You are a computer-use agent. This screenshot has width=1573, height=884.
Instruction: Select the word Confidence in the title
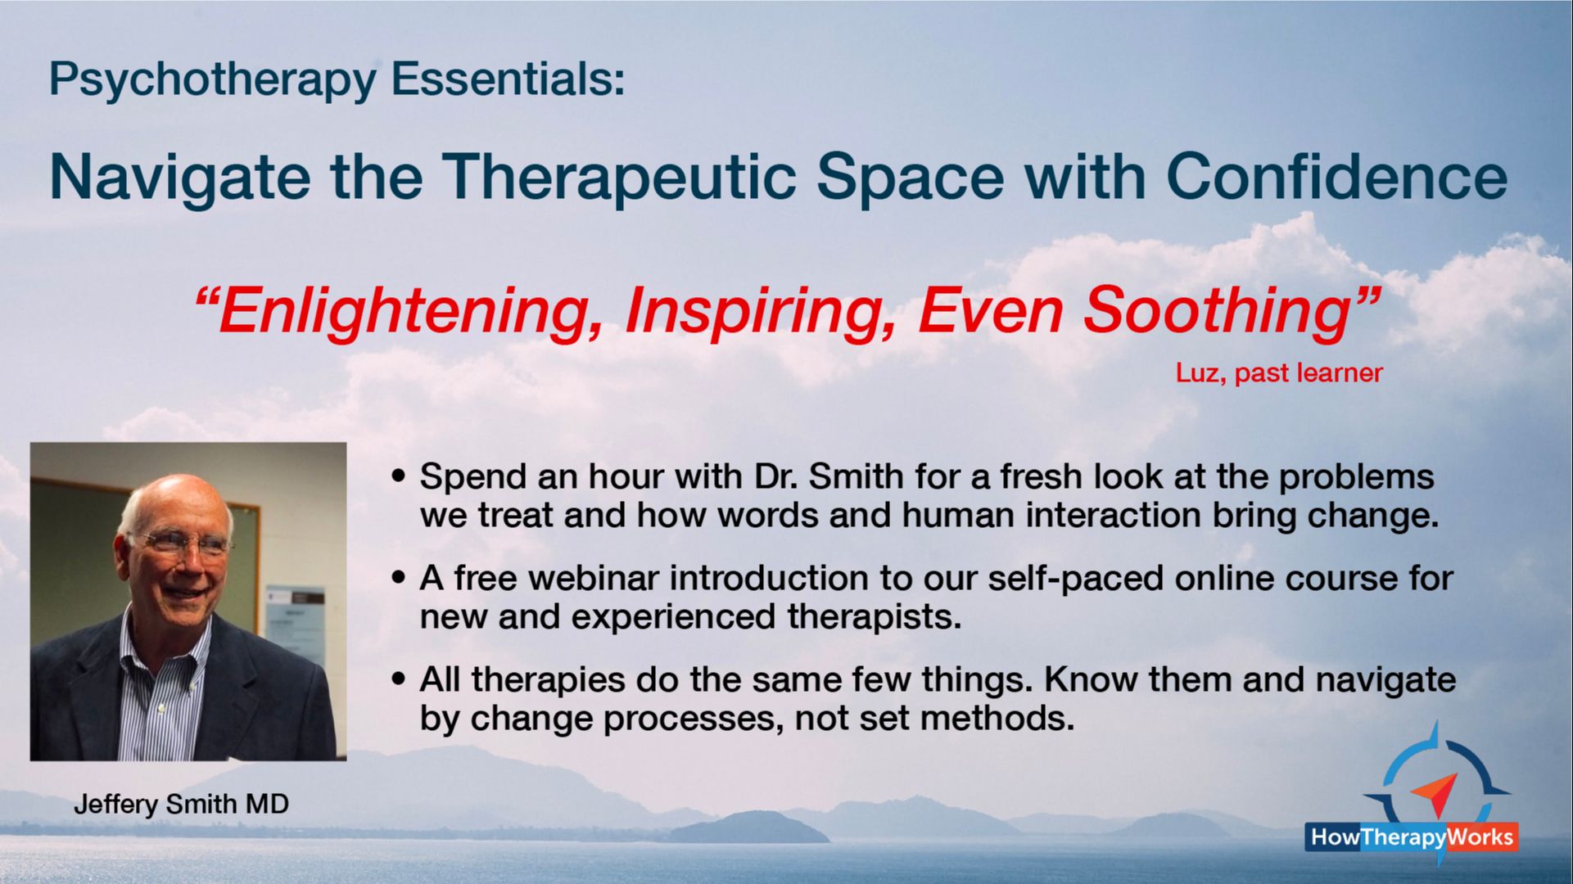[x=1336, y=176]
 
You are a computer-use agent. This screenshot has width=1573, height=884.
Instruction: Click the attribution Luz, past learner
[x=1279, y=373]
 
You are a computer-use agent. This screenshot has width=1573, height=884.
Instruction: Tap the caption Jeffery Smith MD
[x=181, y=804]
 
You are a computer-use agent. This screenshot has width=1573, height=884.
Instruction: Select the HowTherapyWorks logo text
[x=1412, y=837]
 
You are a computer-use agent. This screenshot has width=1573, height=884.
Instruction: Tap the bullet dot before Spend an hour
[x=399, y=476]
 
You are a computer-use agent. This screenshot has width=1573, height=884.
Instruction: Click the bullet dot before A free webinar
[x=399, y=578]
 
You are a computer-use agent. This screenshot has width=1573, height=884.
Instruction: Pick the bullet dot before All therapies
[x=399, y=679]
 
